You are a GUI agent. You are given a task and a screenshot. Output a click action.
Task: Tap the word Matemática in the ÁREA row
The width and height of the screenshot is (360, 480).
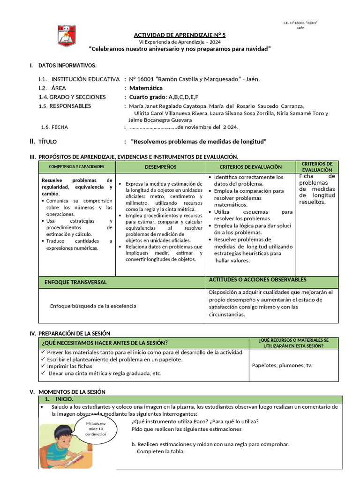tap(146, 88)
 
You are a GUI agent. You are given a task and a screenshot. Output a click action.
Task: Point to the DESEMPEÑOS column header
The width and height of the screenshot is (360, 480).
tap(160, 167)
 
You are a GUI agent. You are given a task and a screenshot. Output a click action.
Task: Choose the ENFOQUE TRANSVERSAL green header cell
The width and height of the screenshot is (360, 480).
tap(75, 282)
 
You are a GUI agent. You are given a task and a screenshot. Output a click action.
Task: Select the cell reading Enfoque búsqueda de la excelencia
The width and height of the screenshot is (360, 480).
tap(93, 306)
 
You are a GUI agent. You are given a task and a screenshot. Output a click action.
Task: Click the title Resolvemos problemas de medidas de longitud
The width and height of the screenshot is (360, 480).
tap(199, 142)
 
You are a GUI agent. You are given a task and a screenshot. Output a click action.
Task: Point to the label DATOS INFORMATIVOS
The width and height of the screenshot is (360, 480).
tap(67, 65)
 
